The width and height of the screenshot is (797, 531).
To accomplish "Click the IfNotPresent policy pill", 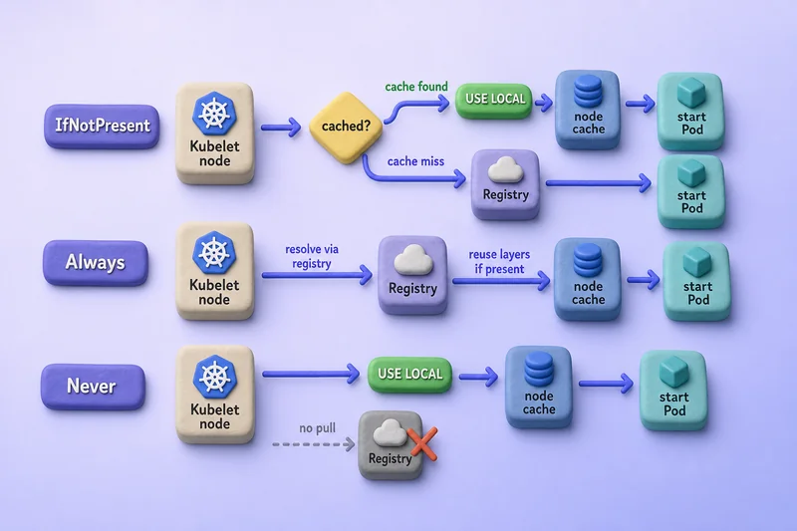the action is [102, 126].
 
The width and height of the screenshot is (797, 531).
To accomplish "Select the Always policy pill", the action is [96, 262].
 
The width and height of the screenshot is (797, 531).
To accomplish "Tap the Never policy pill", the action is [93, 387].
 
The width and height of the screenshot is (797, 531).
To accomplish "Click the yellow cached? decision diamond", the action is [346, 128].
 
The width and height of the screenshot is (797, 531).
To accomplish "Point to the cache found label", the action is [416, 87].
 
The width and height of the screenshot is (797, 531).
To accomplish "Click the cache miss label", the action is [415, 161].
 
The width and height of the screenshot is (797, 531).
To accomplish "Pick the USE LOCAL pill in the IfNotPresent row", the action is [494, 100].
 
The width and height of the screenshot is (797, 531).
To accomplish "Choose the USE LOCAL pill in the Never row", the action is [409, 375].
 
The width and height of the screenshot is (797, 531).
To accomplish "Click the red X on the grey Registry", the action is [422, 443].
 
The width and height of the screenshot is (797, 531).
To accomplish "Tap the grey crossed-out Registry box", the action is [391, 445].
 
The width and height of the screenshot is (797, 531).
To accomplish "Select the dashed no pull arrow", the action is [313, 444].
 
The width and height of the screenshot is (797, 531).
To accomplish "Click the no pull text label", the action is [317, 427].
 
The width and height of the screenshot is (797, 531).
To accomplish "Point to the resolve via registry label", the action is [312, 257].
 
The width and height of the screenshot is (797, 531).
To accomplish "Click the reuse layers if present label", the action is [499, 262].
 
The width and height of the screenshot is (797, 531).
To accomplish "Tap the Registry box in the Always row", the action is [412, 275].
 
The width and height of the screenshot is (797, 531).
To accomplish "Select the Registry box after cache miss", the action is [505, 184].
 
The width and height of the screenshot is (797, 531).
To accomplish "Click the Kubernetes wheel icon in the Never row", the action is [215, 377].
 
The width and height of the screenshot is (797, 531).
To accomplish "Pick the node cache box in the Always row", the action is [588, 279].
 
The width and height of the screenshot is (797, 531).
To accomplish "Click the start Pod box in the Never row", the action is [673, 391].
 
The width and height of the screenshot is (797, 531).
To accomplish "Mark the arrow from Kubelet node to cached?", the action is [281, 128].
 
